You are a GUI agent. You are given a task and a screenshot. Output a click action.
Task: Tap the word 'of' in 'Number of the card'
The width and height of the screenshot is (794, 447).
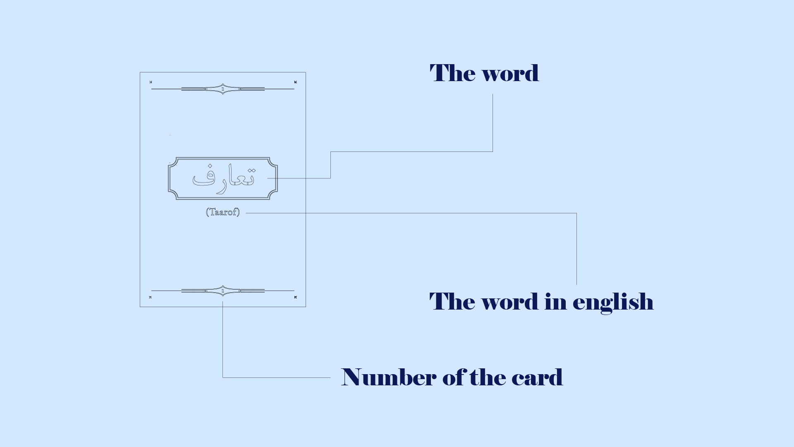point(454,377)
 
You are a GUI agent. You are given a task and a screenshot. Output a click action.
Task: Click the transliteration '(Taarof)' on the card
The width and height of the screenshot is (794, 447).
point(223,212)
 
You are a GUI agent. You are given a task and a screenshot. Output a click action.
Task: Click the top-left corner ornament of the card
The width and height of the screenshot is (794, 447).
point(151,82)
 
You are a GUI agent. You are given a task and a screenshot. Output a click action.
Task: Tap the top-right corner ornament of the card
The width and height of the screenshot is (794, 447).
point(295,82)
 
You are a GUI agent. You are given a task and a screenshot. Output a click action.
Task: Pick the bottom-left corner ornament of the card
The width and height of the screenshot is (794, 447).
point(151,297)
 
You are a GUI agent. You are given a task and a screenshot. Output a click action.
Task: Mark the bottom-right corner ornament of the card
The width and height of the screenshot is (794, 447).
point(295,297)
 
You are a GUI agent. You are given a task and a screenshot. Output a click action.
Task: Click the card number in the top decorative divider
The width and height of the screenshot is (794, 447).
point(222,89)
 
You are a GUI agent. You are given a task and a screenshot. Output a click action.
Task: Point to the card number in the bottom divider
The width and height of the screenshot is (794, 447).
point(222,291)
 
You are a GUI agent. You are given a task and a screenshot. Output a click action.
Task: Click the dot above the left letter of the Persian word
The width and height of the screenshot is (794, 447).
point(210,166)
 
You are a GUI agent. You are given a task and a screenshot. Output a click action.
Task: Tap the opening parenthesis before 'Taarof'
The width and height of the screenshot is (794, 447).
point(207,212)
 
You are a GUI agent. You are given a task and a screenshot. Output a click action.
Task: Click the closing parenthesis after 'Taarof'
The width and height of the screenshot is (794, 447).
point(238,212)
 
